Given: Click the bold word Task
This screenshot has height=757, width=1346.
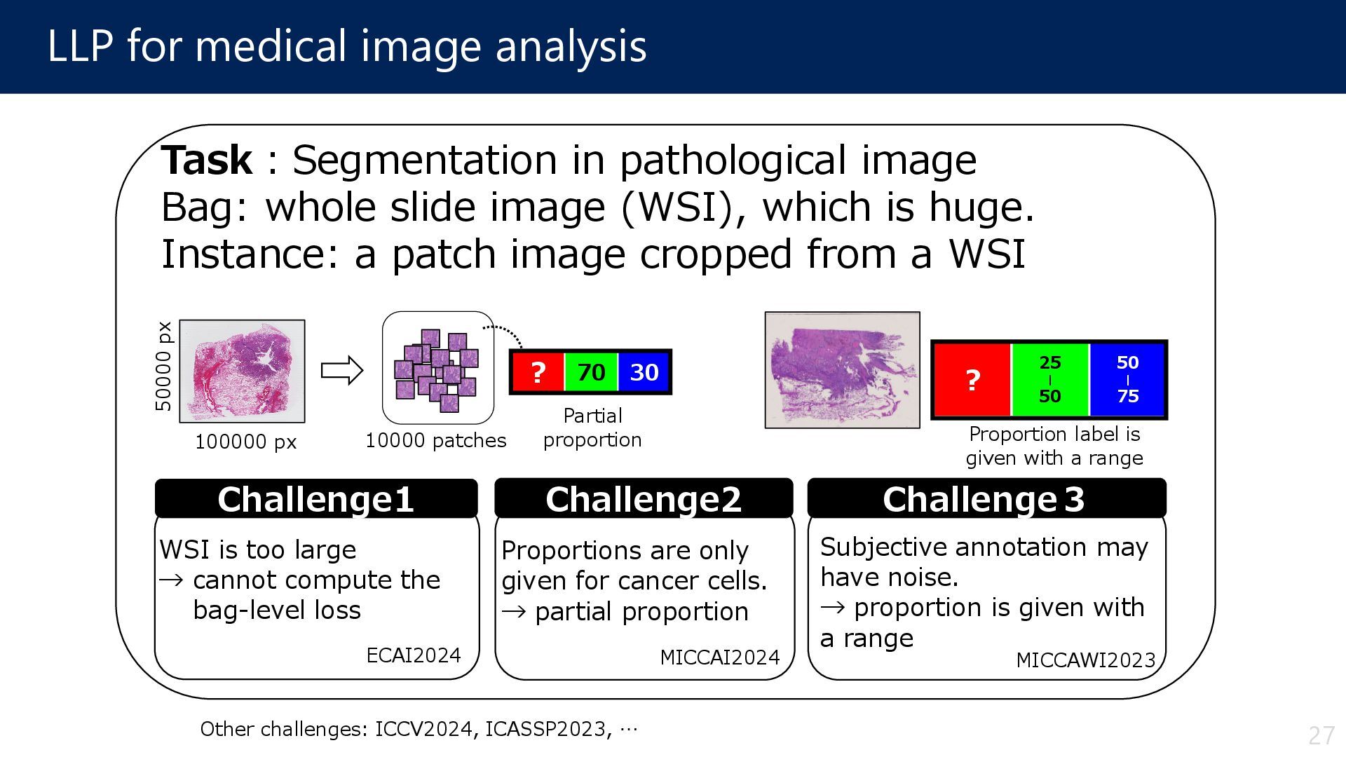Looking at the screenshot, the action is click(x=206, y=161).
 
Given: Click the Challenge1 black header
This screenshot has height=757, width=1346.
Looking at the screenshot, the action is click(x=315, y=499).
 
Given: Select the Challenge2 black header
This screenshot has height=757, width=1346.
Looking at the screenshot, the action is click(x=644, y=499).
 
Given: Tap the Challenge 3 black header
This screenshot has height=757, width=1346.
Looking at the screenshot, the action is click(x=986, y=499).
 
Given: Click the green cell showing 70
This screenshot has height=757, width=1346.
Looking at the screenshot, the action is click(x=591, y=372).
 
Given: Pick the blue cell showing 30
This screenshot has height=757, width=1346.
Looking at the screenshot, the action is click(x=644, y=372).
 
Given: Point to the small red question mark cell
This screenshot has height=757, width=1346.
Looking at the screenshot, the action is click(x=538, y=372).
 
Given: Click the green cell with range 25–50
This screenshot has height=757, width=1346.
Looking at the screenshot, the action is click(x=1049, y=380).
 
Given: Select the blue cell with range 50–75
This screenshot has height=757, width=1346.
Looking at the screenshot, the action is click(x=1127, y=380).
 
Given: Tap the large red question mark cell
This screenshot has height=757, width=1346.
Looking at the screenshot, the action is click(x=972, y=380).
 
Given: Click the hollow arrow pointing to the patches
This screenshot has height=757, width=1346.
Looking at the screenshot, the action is click(x=342, y=370).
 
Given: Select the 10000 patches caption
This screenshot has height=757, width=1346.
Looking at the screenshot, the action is click(x=435, y=441).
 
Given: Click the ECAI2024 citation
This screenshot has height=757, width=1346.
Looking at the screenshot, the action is click(x=414, y=655).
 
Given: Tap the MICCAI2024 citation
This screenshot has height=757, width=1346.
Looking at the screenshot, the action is click(x=720, y=657).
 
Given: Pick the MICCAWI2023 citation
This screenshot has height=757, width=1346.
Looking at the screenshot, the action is click(x=1085, y=660).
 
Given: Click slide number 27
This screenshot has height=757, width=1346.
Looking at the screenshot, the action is click(x=1321, y=735).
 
